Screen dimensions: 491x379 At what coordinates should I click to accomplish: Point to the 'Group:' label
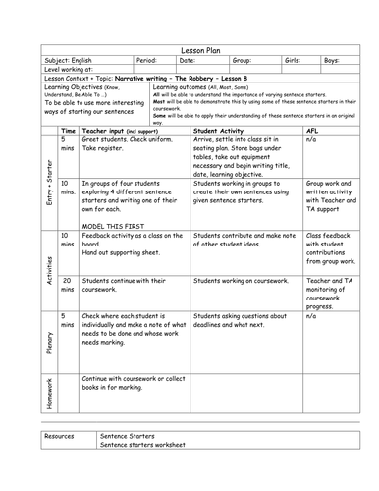point(242,60)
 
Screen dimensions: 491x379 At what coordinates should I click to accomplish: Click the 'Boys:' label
point(333,60)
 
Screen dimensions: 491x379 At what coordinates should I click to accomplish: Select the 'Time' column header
point(69,130)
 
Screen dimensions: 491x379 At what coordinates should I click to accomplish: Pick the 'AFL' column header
point(313,130)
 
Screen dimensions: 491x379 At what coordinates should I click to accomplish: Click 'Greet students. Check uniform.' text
point(126,141)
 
